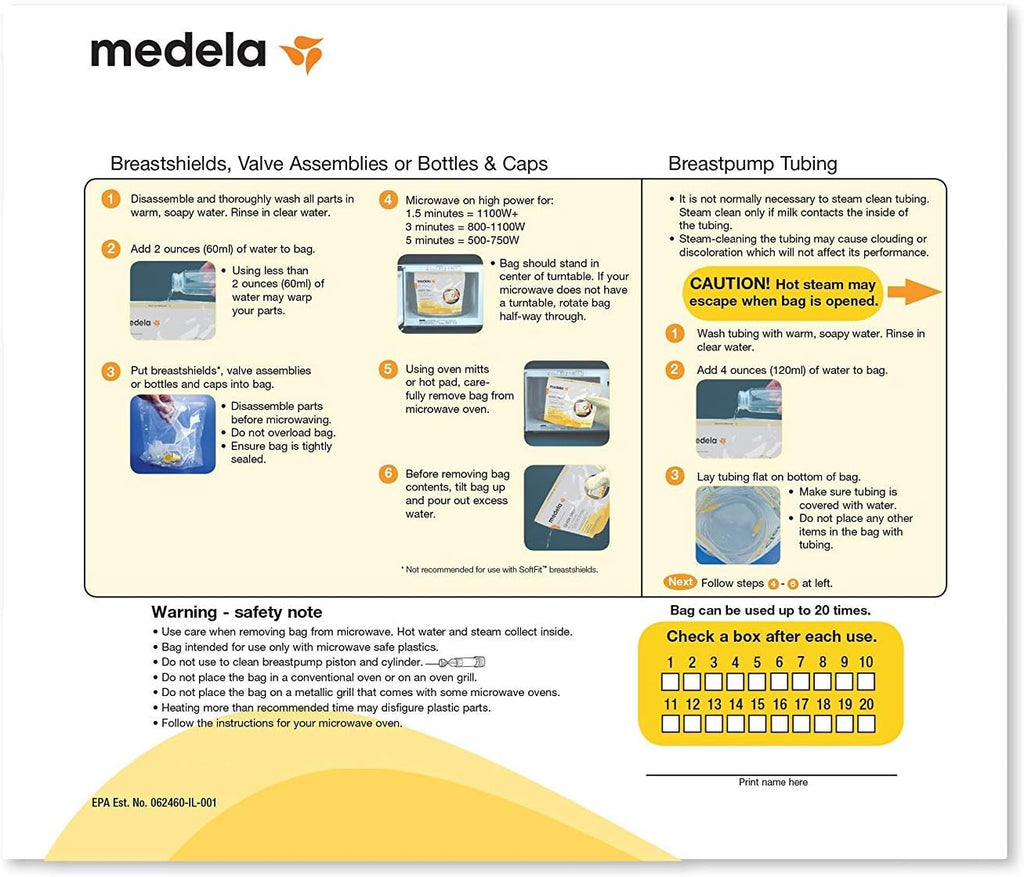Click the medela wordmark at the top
(x=177, y=52)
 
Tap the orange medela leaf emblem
(x=301, y=54)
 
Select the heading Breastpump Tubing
(x=752, y=164)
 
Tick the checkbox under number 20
(x=866, y=723)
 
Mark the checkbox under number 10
(x=866, y=682)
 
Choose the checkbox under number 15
(x=757, y=723)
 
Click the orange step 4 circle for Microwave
(x=388, y=200)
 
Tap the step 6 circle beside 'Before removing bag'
(x=388, y=473)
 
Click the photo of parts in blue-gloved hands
(x=172, y=434)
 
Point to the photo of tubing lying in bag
(x=738, y=525)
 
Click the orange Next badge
(x=680, y=582)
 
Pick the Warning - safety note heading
(x=236, y=612)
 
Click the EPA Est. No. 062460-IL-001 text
(x=154, y=802)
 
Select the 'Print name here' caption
(x=773, y=782)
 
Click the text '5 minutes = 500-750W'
(x=463, y=240)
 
